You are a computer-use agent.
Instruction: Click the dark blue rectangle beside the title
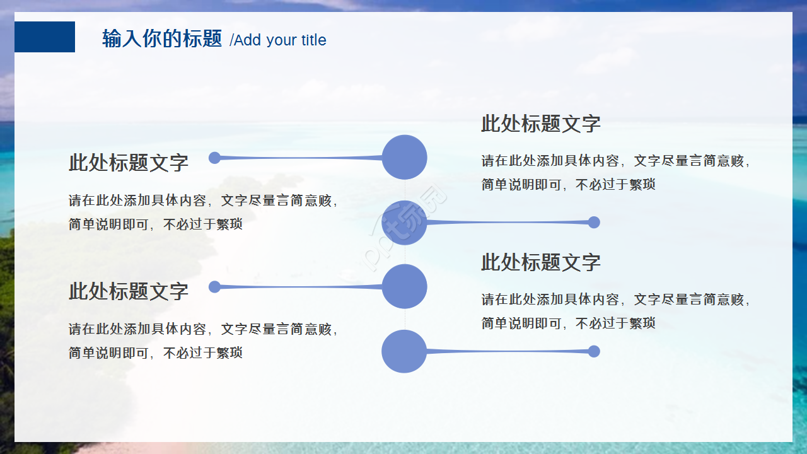[45, 37]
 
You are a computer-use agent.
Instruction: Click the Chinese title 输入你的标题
[162, 39]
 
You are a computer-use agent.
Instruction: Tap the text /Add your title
[278, 40]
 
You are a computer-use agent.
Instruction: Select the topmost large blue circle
[405, 157]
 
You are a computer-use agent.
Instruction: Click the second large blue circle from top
[405, 222]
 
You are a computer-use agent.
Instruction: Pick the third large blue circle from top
[405, 286]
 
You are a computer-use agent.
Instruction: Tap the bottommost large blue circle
[405, 351]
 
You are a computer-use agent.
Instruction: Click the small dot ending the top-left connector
[214, 157]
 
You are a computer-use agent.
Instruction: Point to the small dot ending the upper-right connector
[594, 222]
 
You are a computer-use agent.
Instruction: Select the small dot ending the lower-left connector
[214, 286]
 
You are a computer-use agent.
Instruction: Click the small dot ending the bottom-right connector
[594, 351]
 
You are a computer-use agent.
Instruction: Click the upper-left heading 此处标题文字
[129, 163]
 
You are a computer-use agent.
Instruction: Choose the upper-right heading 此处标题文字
[541, 124]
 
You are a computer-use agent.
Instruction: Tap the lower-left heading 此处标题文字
[129, 291]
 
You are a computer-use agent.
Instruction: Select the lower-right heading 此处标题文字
[541, 262]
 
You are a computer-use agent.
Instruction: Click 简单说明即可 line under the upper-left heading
[155, 224]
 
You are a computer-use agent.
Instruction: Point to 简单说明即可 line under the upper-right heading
[568, 185]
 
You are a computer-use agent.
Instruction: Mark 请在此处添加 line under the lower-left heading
[204, 329]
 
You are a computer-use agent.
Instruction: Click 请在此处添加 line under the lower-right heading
[616, 300]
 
